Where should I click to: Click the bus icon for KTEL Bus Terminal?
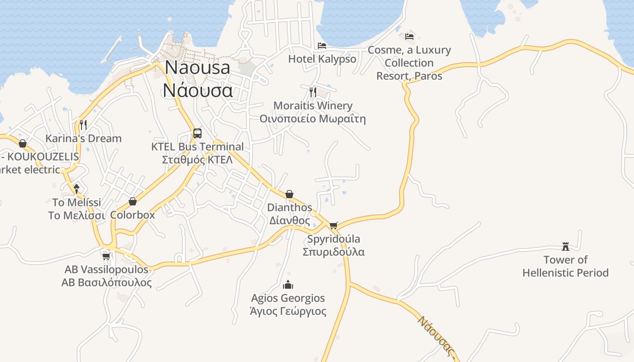(x=197, y=133)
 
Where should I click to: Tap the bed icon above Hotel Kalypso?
(x=322, y=45)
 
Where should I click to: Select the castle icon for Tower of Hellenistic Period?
(x=565, y=247)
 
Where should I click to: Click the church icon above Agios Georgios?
(x=288, y=285)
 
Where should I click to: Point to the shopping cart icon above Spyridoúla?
(x=334, y=225)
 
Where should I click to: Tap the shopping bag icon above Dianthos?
(x=289, y=194)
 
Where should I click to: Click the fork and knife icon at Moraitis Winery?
(x=312, y=92)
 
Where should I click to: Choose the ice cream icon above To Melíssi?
(x=77, y=188)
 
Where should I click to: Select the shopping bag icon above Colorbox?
(x=133, y=201)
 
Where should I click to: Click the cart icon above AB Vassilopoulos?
(x=106, y=257)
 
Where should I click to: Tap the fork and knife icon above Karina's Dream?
(x=83, y=124)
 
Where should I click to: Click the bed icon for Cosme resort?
(x=409, y=36)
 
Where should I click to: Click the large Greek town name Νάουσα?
(x=198, y=90)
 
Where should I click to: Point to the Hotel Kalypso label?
(x=322, y=59)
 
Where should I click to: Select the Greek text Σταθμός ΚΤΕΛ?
(x=197, y=160)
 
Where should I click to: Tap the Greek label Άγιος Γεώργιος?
(x=288, y=311)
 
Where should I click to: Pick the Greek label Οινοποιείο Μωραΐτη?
(x=312, y=119)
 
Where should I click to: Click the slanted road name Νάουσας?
(x=436, y=335)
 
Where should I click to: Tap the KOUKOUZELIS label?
(x=43, y=157)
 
